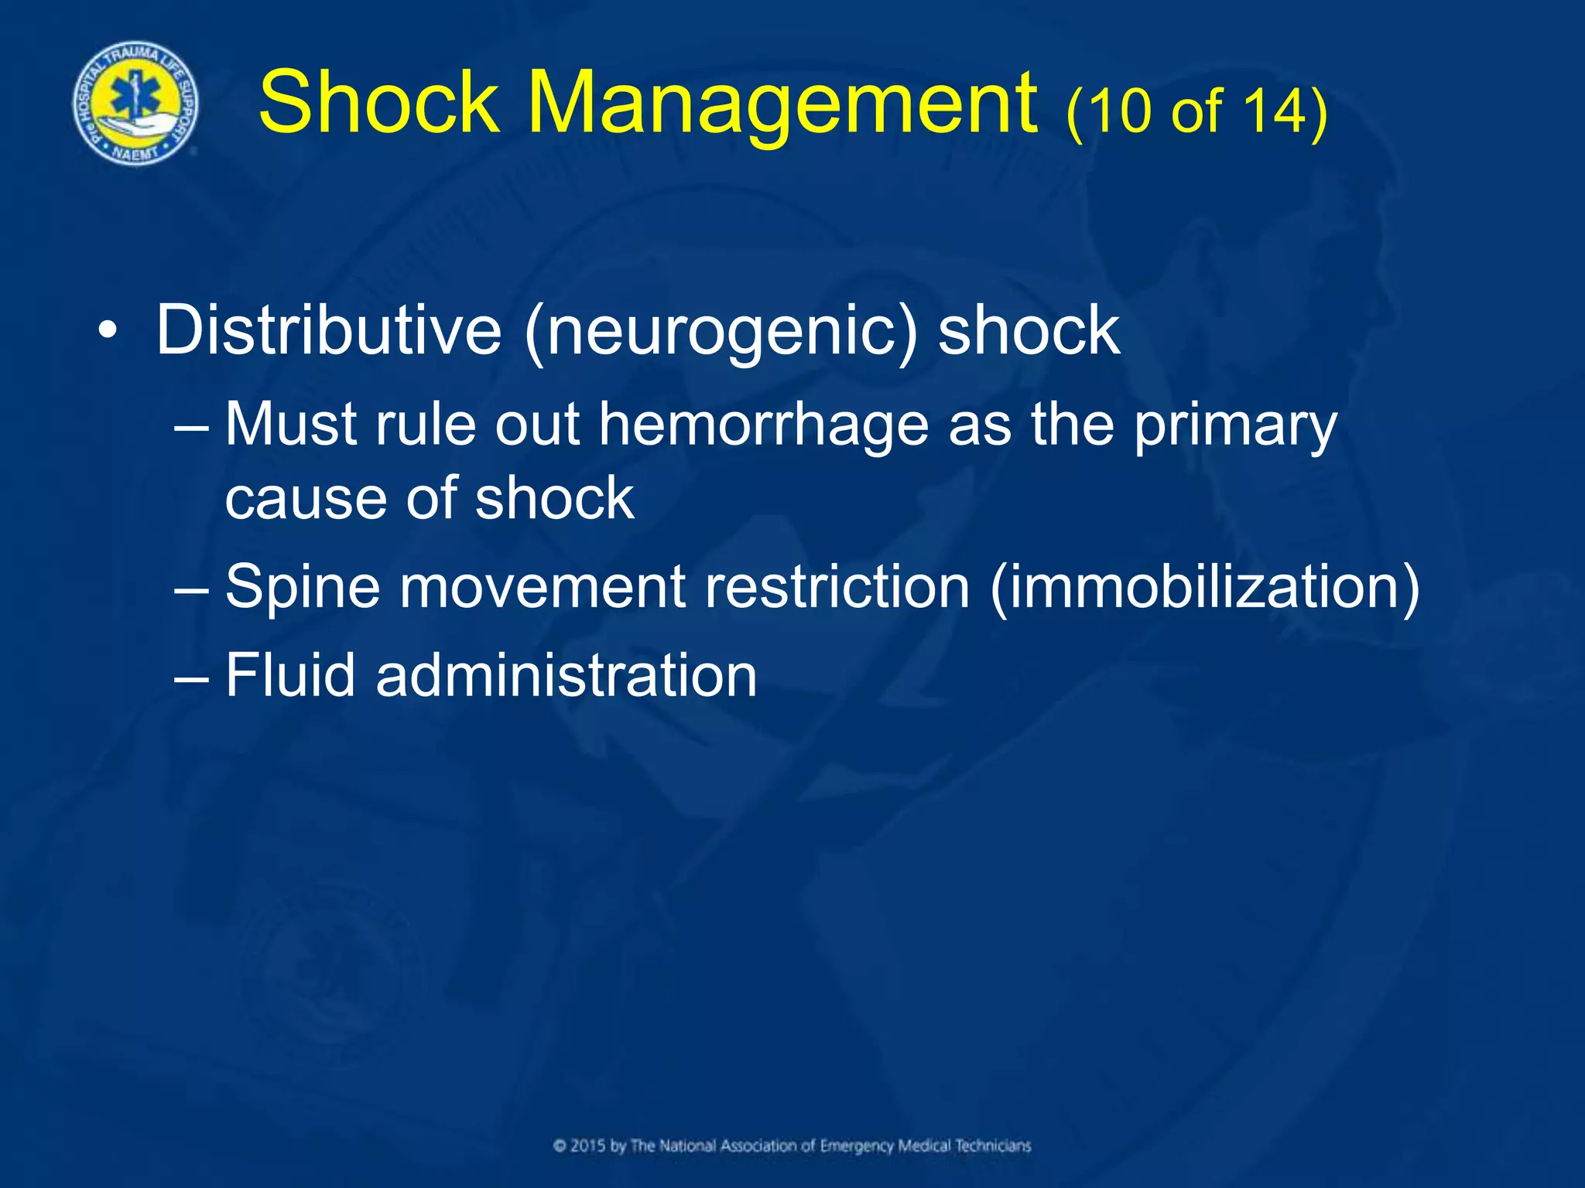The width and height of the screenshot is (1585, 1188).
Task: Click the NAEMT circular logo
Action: [135, 104]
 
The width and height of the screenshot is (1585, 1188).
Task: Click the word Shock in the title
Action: [379, 102]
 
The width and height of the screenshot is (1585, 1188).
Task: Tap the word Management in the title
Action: [782, 104]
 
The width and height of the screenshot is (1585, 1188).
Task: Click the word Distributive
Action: [329, 330]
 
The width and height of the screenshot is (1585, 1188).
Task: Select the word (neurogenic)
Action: [721, 332]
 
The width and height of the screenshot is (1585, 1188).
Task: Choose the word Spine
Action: [303, 588]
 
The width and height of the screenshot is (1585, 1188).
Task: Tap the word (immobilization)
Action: [1204, 588]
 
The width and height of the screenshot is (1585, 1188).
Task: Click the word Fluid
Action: [290, 675]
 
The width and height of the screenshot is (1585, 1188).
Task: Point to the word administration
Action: [567, 675]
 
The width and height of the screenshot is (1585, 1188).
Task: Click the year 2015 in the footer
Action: [588, 1145]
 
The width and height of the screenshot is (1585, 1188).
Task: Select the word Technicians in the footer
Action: [992, 1145]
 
